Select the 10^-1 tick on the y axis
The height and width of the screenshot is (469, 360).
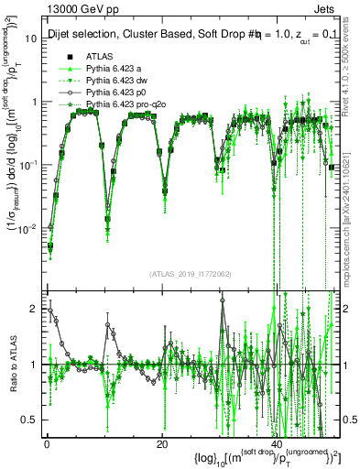[29, 165]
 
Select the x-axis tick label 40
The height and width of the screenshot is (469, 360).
[278, 444]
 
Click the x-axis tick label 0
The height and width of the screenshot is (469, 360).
[47, 444]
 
